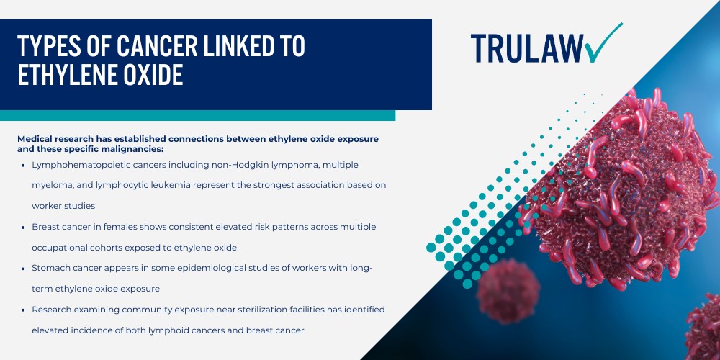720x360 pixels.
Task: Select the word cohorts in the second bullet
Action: tap(126, 247)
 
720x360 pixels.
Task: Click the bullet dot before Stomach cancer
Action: tap(24, 268)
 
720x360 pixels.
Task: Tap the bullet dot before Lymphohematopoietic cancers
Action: tap(24, 165)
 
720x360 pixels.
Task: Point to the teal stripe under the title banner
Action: tap(197, 115)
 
